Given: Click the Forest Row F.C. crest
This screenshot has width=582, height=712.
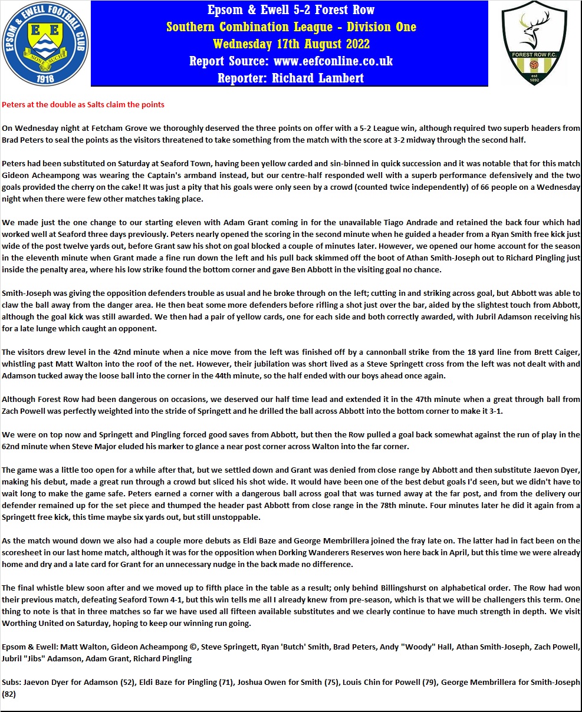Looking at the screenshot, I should click(x=534, y=43).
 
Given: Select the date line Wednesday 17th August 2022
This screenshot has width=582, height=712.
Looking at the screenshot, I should click(x=291, y=44).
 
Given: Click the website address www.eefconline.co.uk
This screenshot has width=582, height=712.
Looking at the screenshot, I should click(x=333, y=61).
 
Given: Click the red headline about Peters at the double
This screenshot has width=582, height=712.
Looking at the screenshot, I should click(x=83, y=104).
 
